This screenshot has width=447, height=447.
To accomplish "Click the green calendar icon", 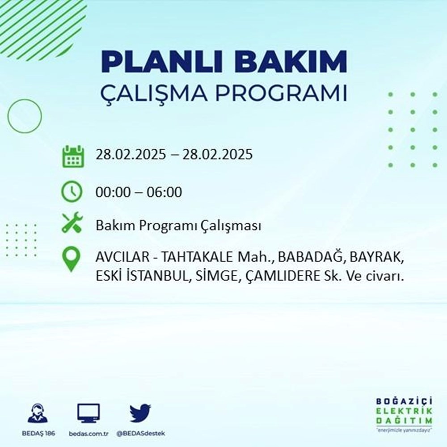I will pyautogui.click(x=72, y=156).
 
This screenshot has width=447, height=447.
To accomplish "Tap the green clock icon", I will pyautogui.click(x=72, y=192).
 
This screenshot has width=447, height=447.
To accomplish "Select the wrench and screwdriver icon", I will pyautogui.click(x=72, y=222).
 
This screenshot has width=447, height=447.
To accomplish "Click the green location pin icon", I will pyautogui.click(x=72, y=260).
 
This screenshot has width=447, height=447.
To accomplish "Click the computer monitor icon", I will pyautogui.click(x=89, y=413).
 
